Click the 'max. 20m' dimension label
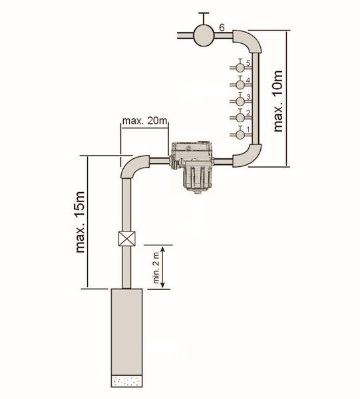[145, 120]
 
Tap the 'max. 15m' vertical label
[80, 222]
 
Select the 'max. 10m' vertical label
[278, 101]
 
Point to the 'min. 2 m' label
[156, 267]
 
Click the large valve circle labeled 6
[204, 35]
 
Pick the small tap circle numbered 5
[240, 68]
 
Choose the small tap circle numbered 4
[240, 84]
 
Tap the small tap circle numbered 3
[240, 102]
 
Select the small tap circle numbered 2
[240, 118]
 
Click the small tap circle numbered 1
[240, 134]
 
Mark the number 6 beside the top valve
[222, 27]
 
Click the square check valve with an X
[127, 239]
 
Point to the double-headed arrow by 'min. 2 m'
[163, 267]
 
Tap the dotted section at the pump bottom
[127, 381]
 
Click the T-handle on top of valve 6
[204, 18]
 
